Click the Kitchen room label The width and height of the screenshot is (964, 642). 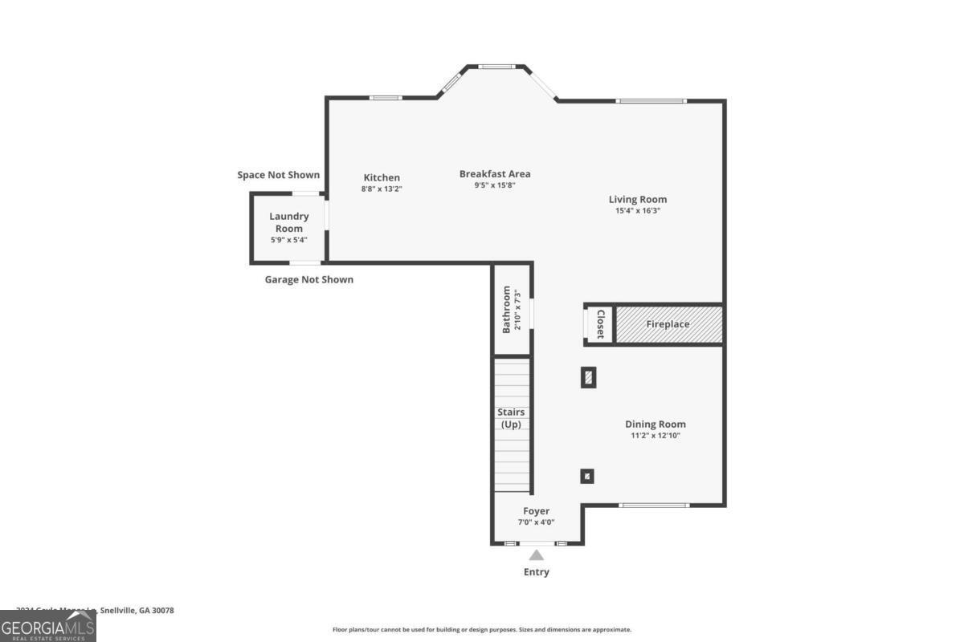coord(382,178)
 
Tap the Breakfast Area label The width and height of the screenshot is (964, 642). coord(495,174)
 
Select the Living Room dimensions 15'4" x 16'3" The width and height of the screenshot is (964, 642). coord(637,211)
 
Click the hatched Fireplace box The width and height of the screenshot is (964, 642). coord(668,324)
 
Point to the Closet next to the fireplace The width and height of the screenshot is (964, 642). coord(599,324)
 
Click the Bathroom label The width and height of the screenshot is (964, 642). coord(507,310)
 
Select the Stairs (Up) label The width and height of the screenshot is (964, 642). coord(512,418)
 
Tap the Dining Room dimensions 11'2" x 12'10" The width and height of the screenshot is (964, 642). coord(656,436)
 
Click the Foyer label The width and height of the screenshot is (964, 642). coord(536,511)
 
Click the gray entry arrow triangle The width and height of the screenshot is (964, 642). coord(536,555)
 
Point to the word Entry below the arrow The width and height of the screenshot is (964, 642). coord(536,572)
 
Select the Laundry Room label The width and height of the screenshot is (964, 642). coord(288,222)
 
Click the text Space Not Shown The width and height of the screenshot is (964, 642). coord(278,175)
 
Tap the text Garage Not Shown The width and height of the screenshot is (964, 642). coord(308,280)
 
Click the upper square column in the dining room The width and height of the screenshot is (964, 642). coord(588,377)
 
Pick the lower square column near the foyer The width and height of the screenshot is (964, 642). coord(587,476)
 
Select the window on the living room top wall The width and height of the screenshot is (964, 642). coord(651,101)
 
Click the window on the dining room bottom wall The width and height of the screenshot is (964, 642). coord(654,505)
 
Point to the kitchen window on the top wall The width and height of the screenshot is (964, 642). coord(385,98)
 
